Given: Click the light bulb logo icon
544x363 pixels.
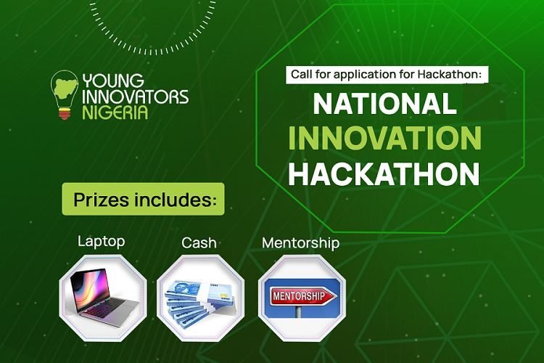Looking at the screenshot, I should coord(65,94).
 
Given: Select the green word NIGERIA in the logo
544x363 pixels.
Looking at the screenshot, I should coord(115,113).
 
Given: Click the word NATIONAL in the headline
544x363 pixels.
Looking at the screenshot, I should coord(384,104).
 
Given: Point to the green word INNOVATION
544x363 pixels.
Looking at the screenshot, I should coord(384,138).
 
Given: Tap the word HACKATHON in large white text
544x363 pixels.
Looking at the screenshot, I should coord(384,174).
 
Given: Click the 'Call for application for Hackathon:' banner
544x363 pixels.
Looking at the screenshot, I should coord(385,74).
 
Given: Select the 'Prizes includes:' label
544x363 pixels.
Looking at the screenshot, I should coord(143,199).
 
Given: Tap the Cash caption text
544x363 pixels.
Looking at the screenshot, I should coord(199,242).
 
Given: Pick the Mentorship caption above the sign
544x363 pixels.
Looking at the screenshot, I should coord(300,242).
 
